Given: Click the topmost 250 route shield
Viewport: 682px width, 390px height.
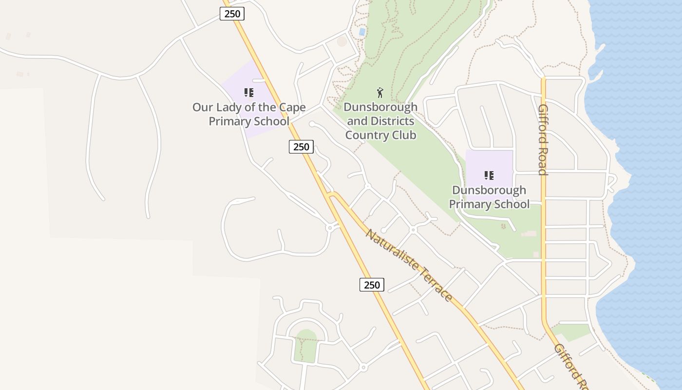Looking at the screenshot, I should coord(232,14).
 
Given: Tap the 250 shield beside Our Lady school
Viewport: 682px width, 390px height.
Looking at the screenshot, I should coord(301,146).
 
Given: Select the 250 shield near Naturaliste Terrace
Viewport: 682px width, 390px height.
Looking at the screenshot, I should coord(372,285).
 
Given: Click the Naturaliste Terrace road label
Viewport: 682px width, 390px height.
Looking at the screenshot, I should coord(409,266).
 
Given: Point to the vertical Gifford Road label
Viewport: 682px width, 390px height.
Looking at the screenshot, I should coord(543,139).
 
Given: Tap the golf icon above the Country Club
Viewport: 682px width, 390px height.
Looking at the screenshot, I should coord(380,92).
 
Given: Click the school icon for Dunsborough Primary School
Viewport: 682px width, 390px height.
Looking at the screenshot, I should coord(489,175).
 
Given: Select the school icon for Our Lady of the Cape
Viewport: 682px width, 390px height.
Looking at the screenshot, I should coord(249,92).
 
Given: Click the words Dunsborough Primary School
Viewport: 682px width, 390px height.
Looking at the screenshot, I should coord(489,197).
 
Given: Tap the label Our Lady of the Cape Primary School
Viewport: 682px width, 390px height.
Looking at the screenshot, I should coord(249,114).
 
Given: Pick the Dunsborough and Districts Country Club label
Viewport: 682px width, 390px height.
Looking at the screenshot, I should coord(380,121).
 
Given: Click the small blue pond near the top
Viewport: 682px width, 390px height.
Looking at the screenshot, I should coord(362,32).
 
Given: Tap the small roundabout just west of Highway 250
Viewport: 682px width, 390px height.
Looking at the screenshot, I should coord(330,228).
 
